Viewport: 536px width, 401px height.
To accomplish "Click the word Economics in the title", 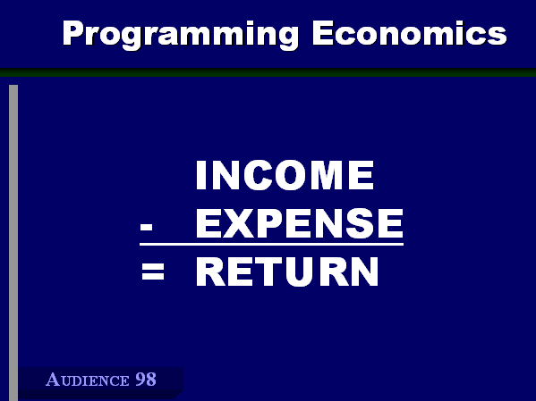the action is pyautogui.click(x=410, y=33).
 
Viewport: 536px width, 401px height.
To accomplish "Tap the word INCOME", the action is pyautogui.click(x=285, y=175).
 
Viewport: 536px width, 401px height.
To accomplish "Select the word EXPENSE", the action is pyautogui.click(x=300, y=223).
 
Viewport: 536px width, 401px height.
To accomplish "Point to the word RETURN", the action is pyautogui.click(x=287, y=272).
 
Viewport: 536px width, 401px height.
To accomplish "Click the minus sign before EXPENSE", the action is pyautogui.click(x=146, y=227).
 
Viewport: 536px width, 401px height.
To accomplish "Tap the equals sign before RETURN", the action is pyautogui.click(x=153, y=272).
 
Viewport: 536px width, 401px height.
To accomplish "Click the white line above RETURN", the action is pyautogui.click(x=271, y=244).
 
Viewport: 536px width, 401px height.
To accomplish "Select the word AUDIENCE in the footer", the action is pyautogui.click(x=88, y=380).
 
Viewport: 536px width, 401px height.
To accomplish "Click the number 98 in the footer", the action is pyautogui.click(x=146, y=380).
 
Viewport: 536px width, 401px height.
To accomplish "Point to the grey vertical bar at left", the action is pyautogui.click(x=13, y=243).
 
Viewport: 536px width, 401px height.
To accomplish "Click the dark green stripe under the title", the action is pyautogui.click(x=268, y=72).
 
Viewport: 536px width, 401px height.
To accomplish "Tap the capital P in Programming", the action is pyautogui.click(x=73, y=33).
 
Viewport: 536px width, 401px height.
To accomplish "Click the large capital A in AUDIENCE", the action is pyautogui.click(x=53, y=380).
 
